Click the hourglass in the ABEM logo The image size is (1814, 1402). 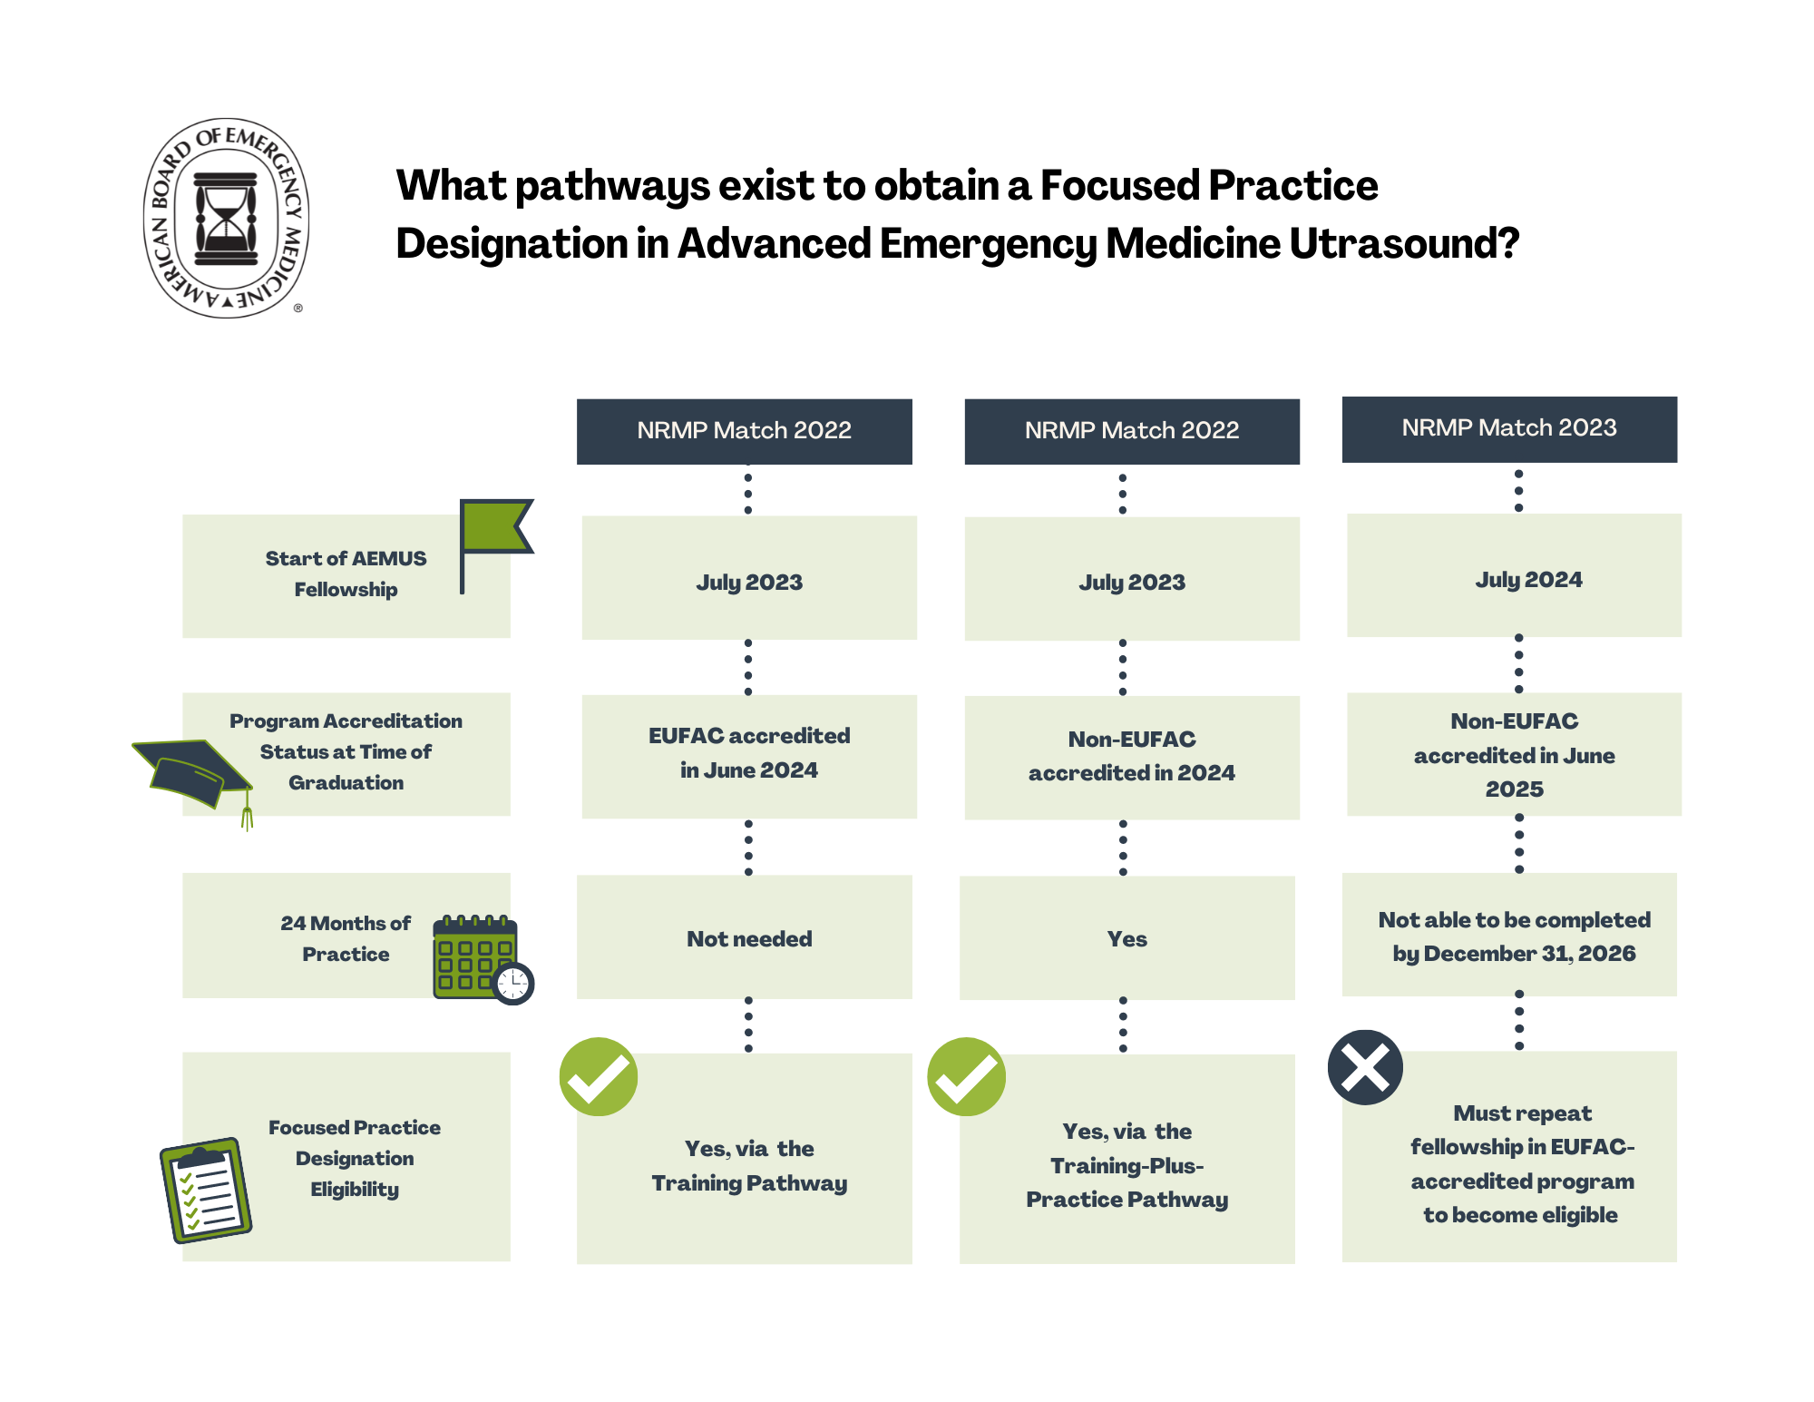tap(226, 218)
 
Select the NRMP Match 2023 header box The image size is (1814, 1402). tap(1509, 428)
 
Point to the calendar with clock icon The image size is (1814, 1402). tap(481, 958)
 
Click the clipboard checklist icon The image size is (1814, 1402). tap(206, 1190)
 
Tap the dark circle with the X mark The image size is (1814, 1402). tap(1365, 1067)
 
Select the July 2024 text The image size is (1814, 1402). tap(1528, 580)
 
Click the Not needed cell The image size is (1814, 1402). tap(749, 939)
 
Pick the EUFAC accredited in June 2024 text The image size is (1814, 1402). tap(749, 752)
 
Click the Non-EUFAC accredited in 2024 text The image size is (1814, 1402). tap(1131, 756)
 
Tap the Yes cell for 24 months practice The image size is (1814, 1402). tap(1126, 939)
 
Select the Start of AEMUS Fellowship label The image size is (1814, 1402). tap(346, 574)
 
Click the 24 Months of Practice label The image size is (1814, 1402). tap(346, 938)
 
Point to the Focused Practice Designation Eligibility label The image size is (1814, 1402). tap(355, 1158)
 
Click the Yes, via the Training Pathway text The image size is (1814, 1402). tap(749, 1165)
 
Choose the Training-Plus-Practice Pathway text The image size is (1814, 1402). tap(1126, 1182)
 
